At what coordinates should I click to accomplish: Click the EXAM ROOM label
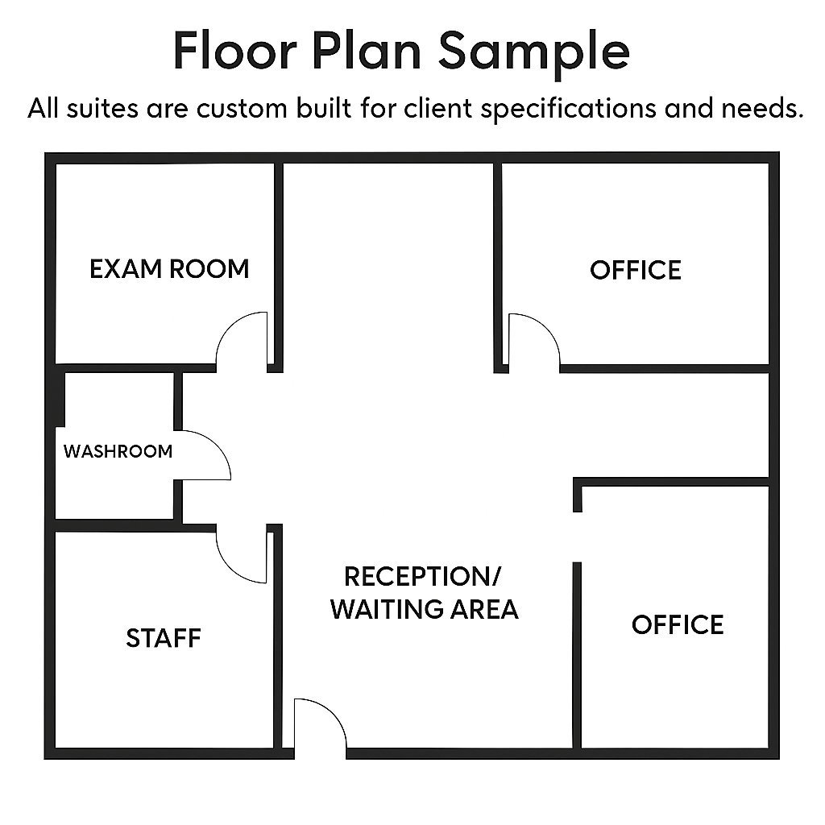point(169,269)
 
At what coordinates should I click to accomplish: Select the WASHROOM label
point(118,451)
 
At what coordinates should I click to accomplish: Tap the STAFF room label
point(164,638)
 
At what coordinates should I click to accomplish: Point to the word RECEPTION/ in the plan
point(422,577)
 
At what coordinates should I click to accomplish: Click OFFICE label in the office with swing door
point(635,270)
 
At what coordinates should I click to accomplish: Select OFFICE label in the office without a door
point(677,624)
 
